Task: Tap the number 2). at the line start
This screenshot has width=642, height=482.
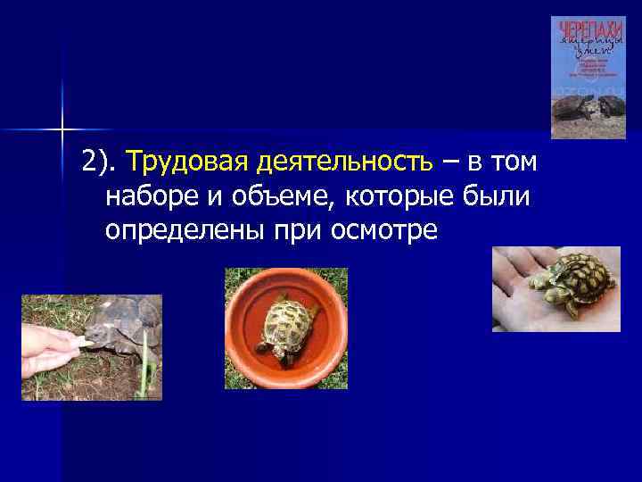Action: point(100,164)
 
